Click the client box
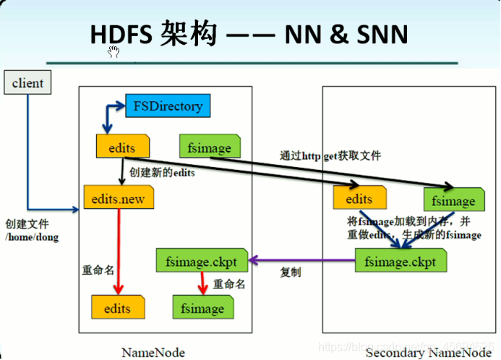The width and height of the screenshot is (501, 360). (28, 82)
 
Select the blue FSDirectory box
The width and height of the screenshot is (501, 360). (168, 106)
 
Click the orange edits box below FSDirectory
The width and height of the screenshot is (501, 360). (120, 147)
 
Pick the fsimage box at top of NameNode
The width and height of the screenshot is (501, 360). (209, 147)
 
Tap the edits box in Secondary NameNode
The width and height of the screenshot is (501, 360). (359, 199)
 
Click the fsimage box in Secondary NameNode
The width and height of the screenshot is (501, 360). (453, 200)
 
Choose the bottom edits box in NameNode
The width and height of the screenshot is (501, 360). (116, 308)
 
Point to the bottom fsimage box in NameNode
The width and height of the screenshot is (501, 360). (203, 308)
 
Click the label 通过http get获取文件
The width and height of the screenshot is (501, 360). (330, 155)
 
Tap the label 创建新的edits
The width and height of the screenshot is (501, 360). (163, 173)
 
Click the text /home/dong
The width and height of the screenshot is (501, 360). (31, 237)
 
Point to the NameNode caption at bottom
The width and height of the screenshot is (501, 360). (153, 353)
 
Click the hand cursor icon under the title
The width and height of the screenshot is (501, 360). (114, 51)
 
